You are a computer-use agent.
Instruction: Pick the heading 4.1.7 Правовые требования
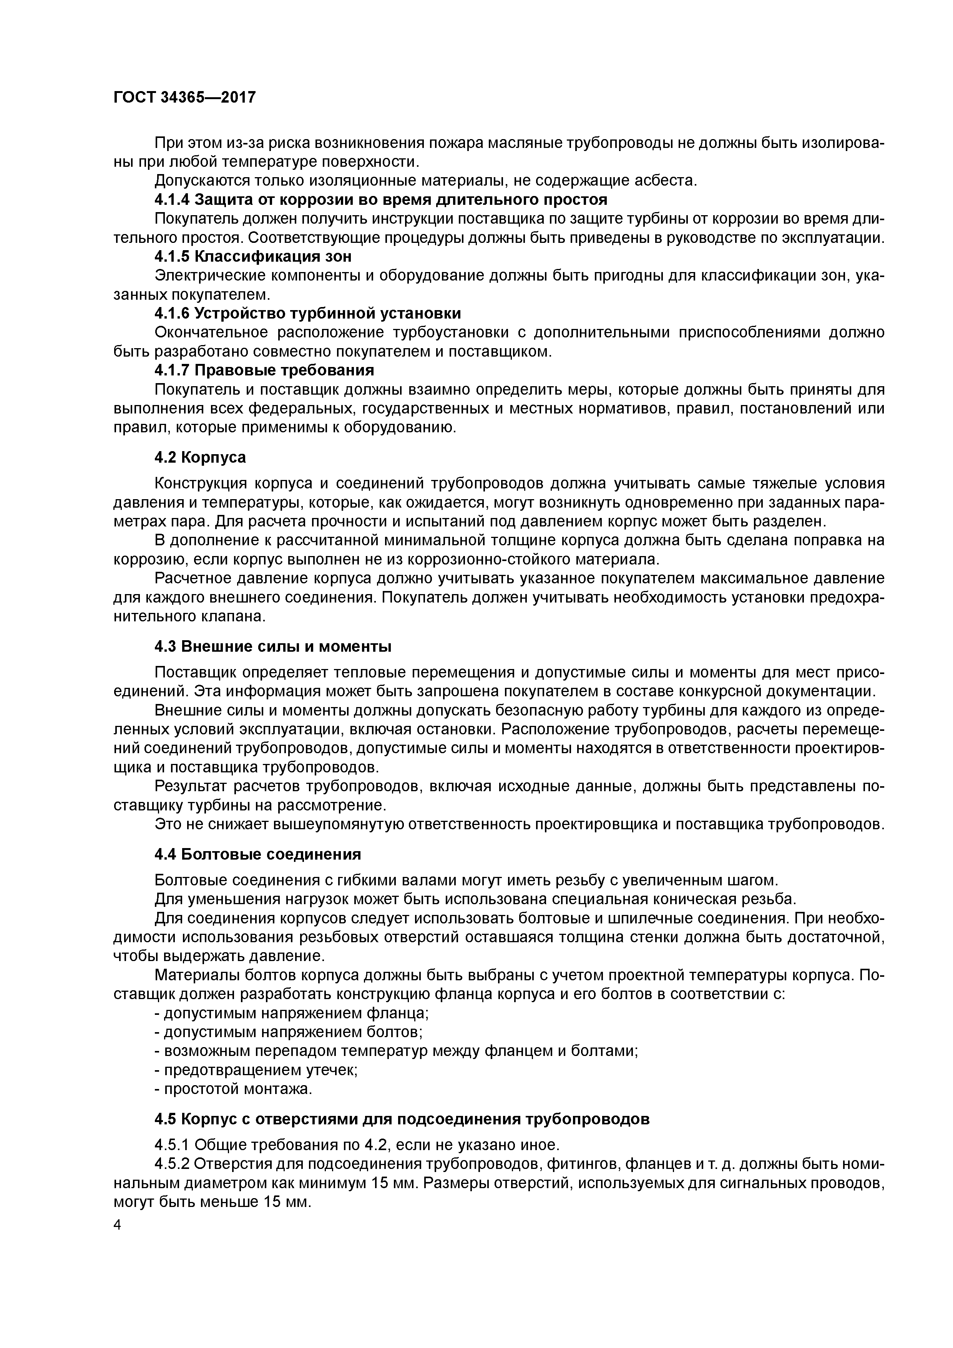(264, 370)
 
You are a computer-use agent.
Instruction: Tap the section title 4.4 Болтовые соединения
(258, 854)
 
